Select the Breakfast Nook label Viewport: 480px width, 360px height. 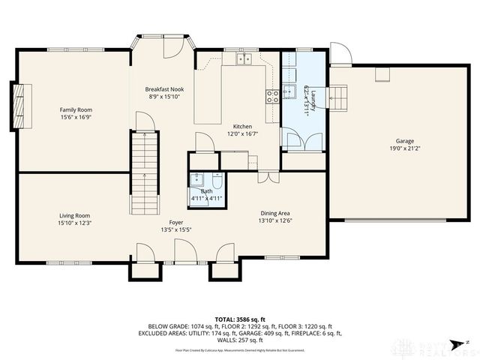pos(164,89)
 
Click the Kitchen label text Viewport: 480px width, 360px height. pos(242,126)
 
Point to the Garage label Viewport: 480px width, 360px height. pos(405,141)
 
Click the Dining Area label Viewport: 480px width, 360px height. pos(274,213)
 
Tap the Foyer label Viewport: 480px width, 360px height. pos(175,222)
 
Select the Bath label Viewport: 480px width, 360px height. pos(205,191)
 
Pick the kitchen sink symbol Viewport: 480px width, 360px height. pos(244,58)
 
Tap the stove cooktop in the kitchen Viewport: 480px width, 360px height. pos(272,94)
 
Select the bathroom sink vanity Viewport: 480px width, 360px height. pos(198,179)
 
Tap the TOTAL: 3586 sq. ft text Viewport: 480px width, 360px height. pos(239,319)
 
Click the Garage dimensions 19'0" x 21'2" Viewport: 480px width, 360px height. pos(405,148)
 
